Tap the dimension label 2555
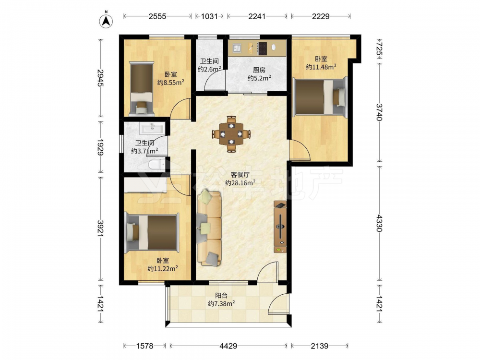click(157, 16)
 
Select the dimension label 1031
click(209, 16)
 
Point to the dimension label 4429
click(228, 346)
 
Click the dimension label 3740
click(379, 112)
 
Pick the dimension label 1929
click(100, 147)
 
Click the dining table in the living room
click(231, 134)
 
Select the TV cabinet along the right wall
click(280, 227)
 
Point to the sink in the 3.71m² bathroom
click(152, 128)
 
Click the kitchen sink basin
click(236, 48)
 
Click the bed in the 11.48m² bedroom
click(320, 96)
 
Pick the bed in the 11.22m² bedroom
click(152, 233)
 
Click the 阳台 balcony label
click(221, 296)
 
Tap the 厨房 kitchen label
click(259, 70)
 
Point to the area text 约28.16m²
click(240, 183)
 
